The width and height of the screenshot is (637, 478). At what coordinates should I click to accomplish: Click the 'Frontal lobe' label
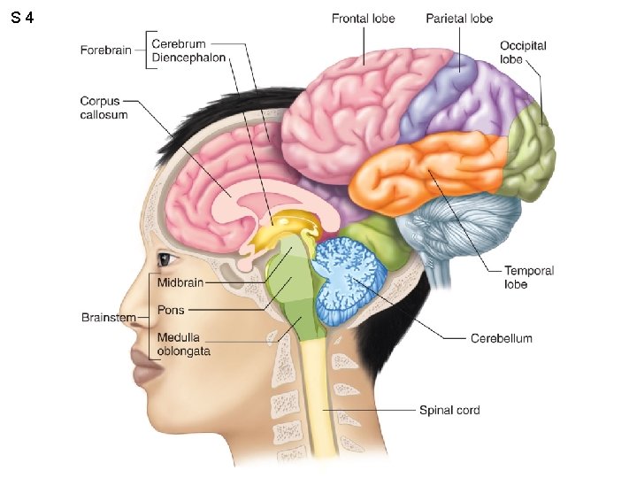(x=363, y=18)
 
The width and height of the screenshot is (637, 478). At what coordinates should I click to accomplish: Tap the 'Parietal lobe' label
(x=458, y=18)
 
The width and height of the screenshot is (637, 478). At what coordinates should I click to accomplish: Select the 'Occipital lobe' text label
(x=523, y=52)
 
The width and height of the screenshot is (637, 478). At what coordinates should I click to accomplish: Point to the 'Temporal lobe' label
(x=529, y=277)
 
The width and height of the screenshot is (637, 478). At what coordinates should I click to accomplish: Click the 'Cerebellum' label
(x=501, y=338)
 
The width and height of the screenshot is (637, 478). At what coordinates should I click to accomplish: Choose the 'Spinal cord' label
(x=449, y=410)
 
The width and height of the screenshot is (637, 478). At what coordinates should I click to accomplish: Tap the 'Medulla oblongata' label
(x=183, y=344)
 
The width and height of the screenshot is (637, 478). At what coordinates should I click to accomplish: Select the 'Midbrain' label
(x=180, y=283)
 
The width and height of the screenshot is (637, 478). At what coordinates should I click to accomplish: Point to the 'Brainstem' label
(x=109, y=317)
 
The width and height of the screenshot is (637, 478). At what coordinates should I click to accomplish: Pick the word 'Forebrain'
(x=105, y=50)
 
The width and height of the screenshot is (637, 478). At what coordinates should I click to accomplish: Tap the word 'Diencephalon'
(x=188, y=58)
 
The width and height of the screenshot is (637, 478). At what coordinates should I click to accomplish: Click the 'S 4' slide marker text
(x=24, y=18)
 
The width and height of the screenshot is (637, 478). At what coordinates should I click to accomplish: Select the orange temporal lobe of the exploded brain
(x=425, y=173)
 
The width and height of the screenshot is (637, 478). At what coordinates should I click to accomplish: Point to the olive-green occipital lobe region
(x=532, y=151)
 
